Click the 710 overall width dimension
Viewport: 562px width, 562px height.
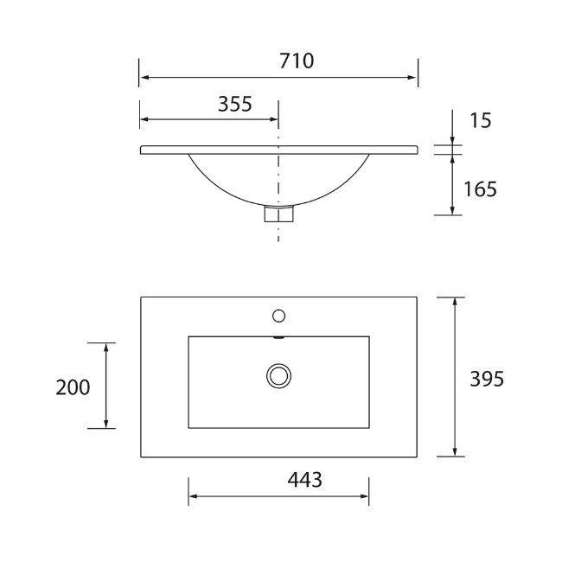coord(297,61)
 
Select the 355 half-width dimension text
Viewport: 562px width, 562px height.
coord(235,104)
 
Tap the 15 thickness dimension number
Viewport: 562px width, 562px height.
coord(480,120)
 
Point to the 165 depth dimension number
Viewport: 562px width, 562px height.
coord(480,189)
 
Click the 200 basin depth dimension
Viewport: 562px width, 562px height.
coord(73,387)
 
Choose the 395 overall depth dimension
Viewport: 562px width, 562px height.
coord(487,379)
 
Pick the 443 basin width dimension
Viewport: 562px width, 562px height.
coord(304,480)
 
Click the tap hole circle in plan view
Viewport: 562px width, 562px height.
coord(279,316)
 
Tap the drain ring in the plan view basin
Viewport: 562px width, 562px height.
coord(279,376)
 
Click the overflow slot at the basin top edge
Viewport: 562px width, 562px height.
coord(279,337)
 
